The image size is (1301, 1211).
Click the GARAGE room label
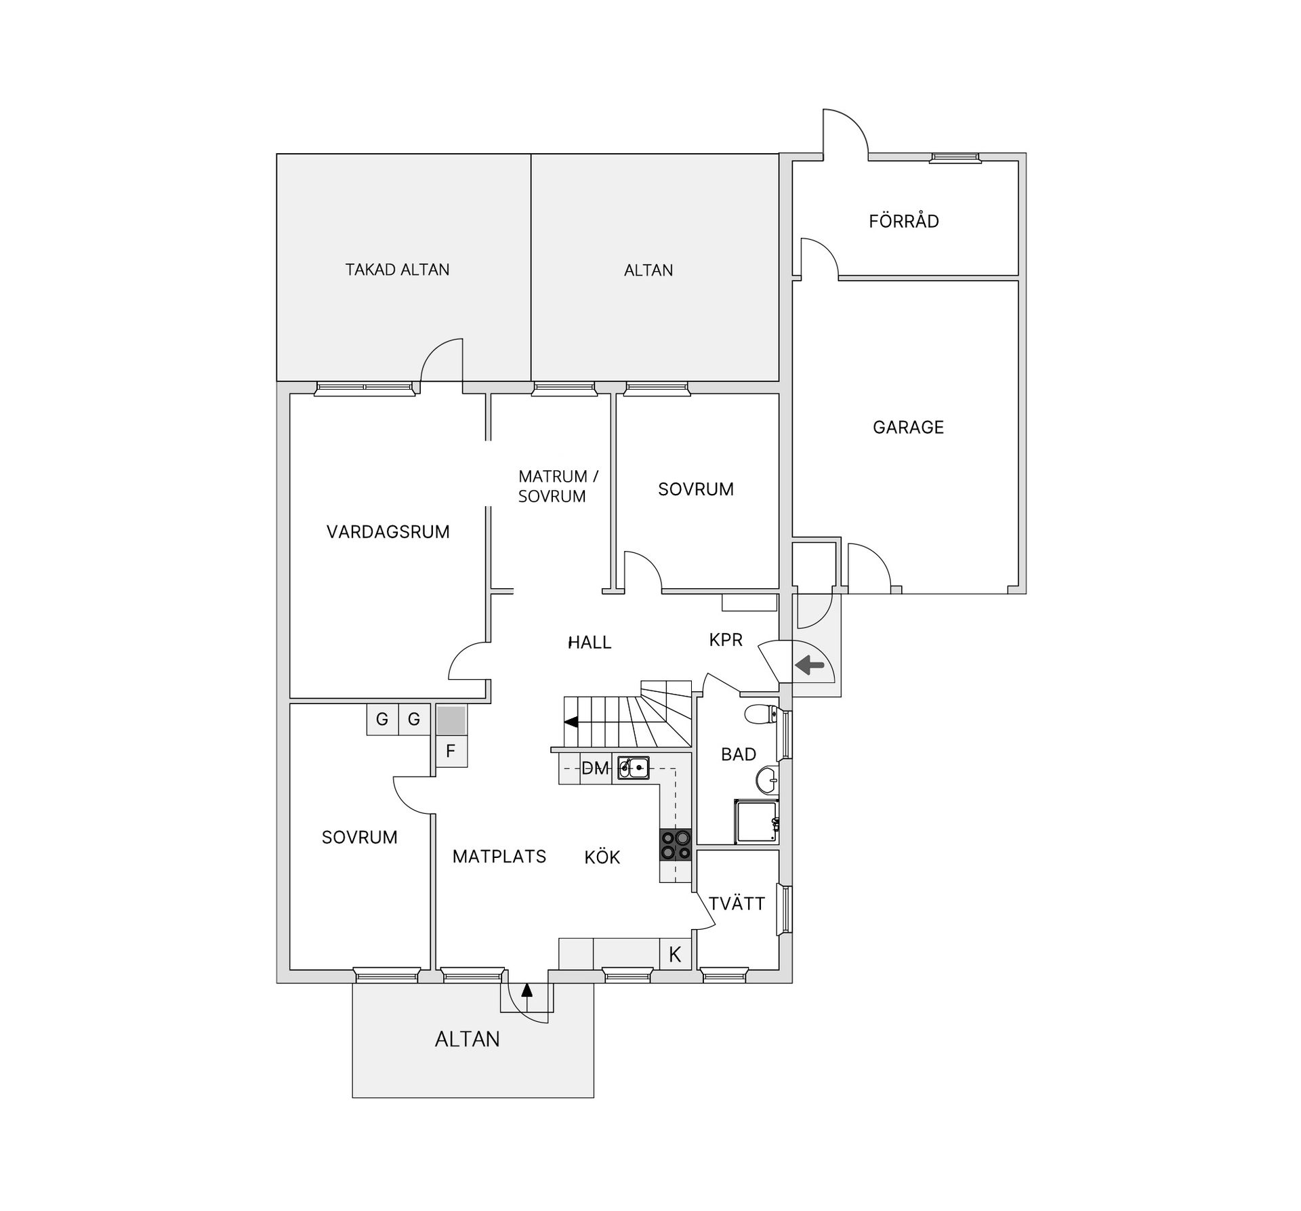[908, 427]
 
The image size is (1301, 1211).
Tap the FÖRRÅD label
[904, 221]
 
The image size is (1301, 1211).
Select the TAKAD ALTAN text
[397, 270]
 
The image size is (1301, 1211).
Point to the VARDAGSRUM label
[388, 532]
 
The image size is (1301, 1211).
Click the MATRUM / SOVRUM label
[558, 487]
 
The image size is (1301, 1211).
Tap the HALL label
[590, 642]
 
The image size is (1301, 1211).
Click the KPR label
[726, 640]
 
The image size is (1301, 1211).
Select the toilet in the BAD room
[762, 714]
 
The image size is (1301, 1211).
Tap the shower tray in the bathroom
[756, 821]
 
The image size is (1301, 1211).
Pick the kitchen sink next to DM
[634, 768]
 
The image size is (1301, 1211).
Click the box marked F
[451, 752]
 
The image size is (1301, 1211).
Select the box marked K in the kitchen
[676, 954]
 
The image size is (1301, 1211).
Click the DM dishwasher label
[595, 768]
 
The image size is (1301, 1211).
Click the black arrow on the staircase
[571, 722]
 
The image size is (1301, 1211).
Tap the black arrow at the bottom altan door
[526, 990]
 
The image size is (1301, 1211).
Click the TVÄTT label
[737, 903]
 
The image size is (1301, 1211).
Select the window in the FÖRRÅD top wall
[955, 158]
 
